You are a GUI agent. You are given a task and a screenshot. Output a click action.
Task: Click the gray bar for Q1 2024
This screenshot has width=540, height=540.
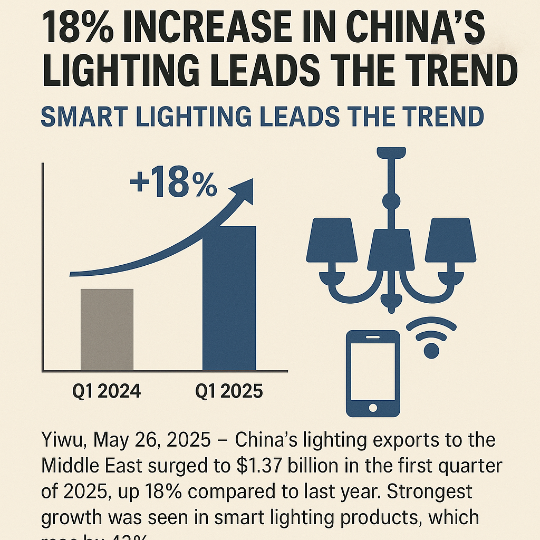pyautogui.click(x=107, y=329)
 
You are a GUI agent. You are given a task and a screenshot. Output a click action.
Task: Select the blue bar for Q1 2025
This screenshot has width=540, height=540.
pyautogui.click(x=229, y=298)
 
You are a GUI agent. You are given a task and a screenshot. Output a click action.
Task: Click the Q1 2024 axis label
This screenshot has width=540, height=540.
pyautogui.click(x=107, y=392)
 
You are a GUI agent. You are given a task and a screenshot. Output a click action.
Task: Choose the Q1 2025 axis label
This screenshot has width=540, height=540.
pyautogui.click(x=229, y=392)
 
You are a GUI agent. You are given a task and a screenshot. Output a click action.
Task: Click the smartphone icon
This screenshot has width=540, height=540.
pyautogui.click(x=373, y=373)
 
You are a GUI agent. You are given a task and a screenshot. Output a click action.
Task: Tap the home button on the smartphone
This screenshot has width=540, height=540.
pyautogui.click(x=373, y=408)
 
